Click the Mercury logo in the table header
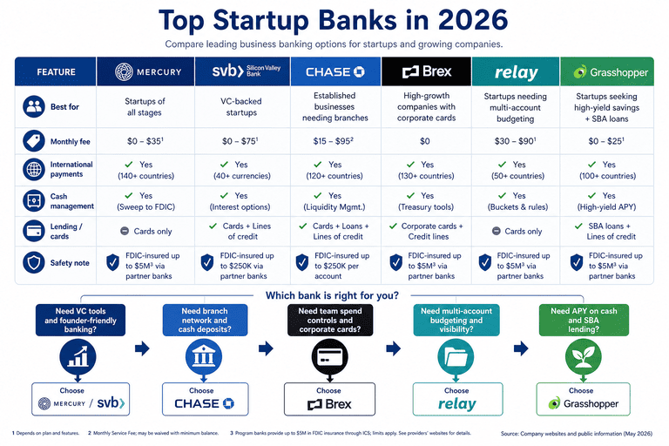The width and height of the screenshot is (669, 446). click(x=148, y=71)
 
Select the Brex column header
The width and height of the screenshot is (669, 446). click(x=427, y=71)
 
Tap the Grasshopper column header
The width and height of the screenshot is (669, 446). click(x=606, y=71)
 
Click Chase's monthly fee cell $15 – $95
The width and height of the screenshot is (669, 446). click(x=334, y=141)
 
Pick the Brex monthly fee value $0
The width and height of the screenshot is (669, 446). click(x=425, y=141)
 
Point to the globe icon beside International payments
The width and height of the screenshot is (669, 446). click(x=34, y=170)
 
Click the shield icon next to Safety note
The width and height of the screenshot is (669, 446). click(x=34, y=262)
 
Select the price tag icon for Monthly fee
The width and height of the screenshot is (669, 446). click(x=34, y=141)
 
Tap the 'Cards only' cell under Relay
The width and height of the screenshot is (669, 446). click(x=517, y=232)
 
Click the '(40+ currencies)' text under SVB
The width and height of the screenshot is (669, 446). click(x=242, y=176)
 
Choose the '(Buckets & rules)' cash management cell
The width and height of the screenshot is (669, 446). click(x=517, y=207)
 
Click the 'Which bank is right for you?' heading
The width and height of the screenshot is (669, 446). click(x=332, y=295)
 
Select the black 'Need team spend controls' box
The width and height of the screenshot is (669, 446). click(x=330, y=320)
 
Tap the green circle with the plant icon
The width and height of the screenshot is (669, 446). click(x=584, y=357)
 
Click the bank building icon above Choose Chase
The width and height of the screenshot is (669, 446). click(x=204, y=357)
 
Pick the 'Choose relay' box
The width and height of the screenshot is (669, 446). click(x=457, y=399)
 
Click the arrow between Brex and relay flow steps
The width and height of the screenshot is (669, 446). click(x=394, y=348)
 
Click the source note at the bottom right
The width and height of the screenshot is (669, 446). click(x=577, y=434)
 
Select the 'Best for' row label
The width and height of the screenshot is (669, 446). click(x=64, y=106)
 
